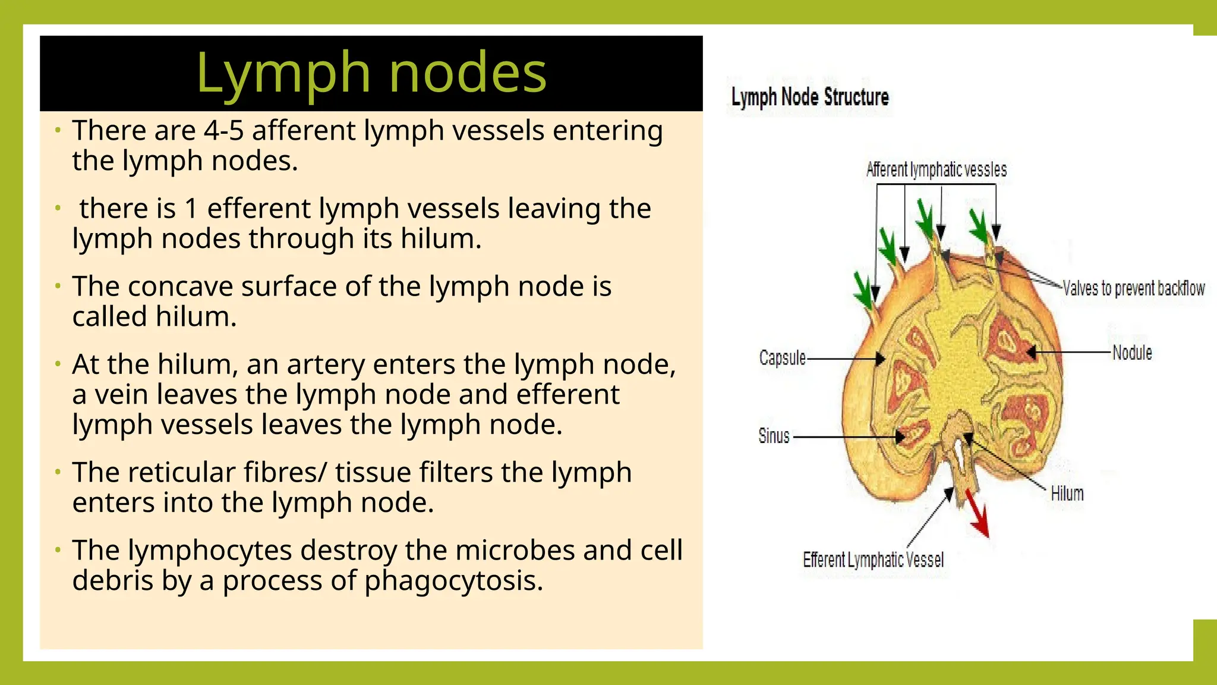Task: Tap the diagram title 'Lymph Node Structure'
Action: coord(809,97)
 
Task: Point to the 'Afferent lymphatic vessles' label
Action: coord(937,170)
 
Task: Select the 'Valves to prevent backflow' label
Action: coord(1133,288)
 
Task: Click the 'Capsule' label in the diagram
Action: coord(782,358)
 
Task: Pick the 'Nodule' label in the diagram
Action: coord(1132,353)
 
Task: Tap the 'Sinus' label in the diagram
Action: coord(774,436)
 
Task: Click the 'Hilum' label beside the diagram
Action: coord(1067,494)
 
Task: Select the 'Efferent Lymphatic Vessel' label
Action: coord(873,560)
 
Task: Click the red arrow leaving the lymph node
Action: coord(977,513)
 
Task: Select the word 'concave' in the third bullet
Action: coord(180,287)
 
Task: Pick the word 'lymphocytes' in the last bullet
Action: coord(210,551)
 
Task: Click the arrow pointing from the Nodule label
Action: coord(1070,353)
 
